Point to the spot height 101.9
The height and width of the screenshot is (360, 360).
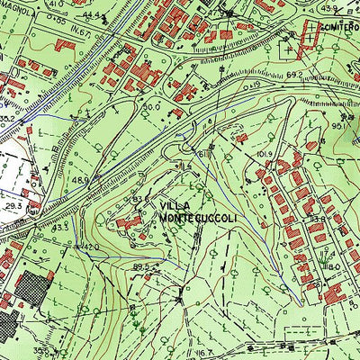(263, 154)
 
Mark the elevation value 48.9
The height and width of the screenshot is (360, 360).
(80, 180)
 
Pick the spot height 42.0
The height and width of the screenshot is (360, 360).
(91, 246)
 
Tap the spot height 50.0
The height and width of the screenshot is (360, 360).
(150, 106)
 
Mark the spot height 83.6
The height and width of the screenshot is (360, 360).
(139, 198)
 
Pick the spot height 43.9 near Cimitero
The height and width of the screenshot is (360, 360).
(328, 8)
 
